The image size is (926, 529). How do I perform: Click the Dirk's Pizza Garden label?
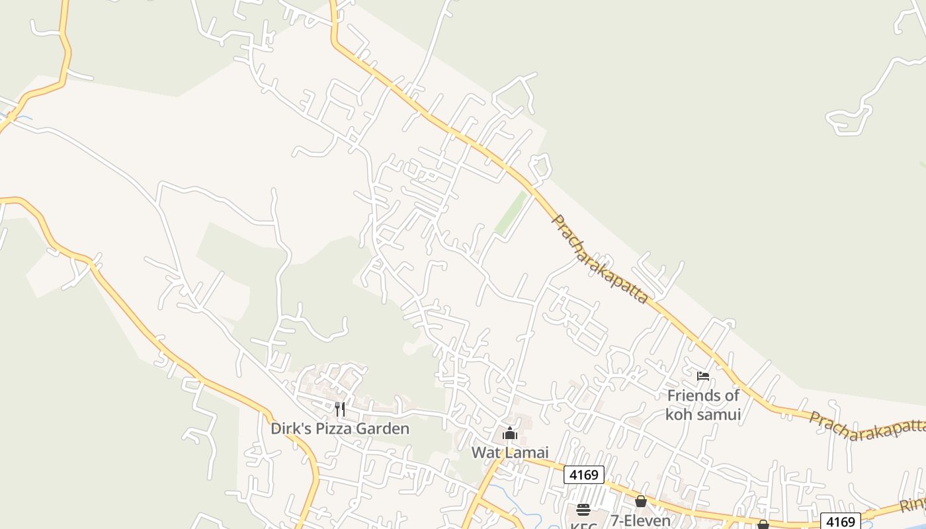pos(340,428)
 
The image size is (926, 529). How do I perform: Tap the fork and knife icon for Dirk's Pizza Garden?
pos(340,409)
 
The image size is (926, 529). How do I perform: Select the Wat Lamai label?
pos(510,452)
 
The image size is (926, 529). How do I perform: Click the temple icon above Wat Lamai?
pos(510,434)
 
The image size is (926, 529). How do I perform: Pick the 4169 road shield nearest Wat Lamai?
pos(584,475)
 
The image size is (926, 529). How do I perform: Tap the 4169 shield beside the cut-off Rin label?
pos(840,521)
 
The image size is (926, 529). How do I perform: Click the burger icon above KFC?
pos(583,509)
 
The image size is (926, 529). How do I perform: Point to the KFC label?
pos(583,525)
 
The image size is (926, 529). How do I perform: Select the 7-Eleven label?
pos(640,520)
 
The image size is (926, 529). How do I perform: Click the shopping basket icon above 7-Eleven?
pos(640,501)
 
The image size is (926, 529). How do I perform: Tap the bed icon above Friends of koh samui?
pos(703,376)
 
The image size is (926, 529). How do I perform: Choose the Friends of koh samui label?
pos(703,405)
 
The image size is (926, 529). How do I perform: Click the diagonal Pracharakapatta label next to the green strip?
pos(599,259)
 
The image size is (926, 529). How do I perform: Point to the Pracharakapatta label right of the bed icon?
pos(866,427)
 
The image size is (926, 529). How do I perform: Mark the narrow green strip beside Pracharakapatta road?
pos(511,213)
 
